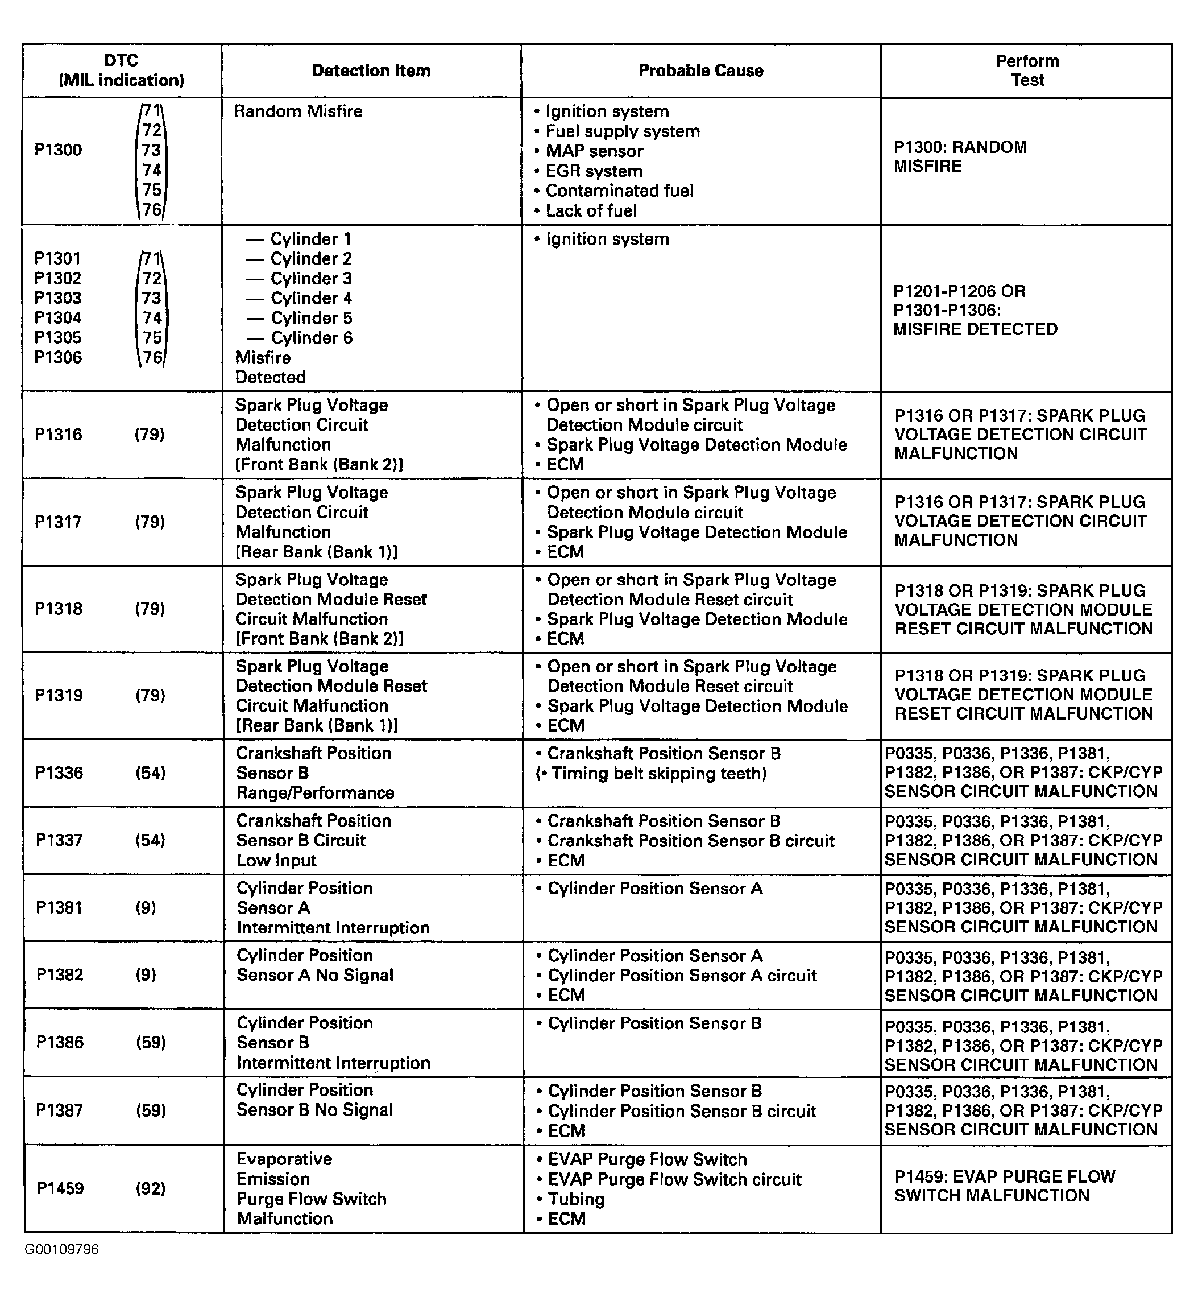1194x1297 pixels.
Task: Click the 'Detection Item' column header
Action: pos(371,71)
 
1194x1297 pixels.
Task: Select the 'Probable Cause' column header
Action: pos(700,71)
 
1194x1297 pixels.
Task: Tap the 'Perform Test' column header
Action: pos(1027,71)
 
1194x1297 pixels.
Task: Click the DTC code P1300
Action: pos(58,150)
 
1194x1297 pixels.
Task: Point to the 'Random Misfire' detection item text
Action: pos(298,111)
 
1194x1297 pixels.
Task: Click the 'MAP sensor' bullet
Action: pos(594,151)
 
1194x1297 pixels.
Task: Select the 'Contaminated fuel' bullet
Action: pos(619,191)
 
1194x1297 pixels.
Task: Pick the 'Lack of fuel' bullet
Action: pos(591,211)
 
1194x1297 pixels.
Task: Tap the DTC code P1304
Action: pos(58,318)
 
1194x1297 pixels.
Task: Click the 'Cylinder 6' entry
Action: pos(311,337)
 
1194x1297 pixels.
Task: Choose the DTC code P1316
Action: pos(58,435)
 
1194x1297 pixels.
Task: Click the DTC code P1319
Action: pos(59,696)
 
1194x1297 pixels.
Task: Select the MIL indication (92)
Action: pos(151,1188)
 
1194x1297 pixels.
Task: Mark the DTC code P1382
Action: pos(60,975)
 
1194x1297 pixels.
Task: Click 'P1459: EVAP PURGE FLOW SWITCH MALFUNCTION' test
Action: pos(1004,1186)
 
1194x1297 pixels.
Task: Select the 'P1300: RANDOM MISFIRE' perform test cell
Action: pos(960,156)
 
